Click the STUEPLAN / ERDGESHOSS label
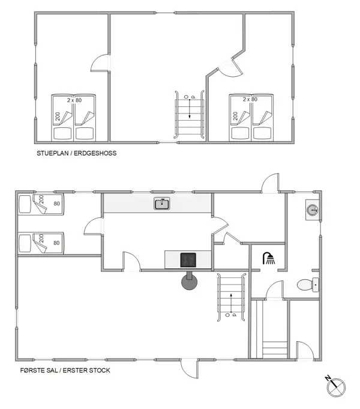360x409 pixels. click(76, 154)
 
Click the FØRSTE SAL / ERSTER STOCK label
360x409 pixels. click(65, 370)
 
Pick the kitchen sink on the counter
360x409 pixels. click(162, 204)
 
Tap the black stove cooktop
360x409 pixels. click(188, 259)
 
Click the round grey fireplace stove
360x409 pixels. click(190, 280)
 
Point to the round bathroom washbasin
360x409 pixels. click(312, 210)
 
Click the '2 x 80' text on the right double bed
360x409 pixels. click(250, 99)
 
